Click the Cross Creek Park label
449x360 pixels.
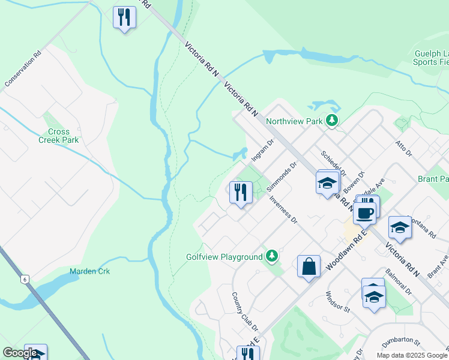coord(59,136)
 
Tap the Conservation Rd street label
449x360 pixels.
coord(22,69)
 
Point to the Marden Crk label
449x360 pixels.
coord(89,271)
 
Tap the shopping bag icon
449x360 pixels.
coord(309,266)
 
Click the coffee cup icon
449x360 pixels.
coord(364,212)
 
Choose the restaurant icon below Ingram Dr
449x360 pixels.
coord(241,192)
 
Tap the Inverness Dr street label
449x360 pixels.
coord(283,209)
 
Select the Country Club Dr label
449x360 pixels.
coord(245,311)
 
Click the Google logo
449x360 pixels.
coord(20,353)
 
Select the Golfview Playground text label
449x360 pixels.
coord(224,257)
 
